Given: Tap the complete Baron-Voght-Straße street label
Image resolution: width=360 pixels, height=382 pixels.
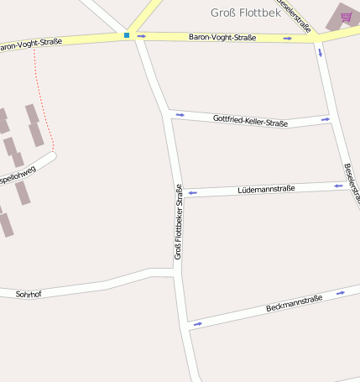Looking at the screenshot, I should (x=222, y=38).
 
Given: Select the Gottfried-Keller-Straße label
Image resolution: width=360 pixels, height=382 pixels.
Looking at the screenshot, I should (x=250, y=121).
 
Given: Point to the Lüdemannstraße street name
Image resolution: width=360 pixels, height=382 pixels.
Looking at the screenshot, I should (x=266, y=189).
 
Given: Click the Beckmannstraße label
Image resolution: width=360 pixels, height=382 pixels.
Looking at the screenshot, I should (x=294, y=303).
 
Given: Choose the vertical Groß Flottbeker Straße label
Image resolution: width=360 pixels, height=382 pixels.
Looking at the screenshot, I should (x=178, y=222).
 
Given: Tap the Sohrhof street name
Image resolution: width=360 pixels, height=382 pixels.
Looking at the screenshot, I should (x=29, y=295).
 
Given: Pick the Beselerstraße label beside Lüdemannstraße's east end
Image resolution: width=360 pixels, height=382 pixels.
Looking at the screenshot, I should (x=352, y=183).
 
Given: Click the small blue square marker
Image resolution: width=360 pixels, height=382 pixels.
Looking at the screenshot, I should (x=127, y=35).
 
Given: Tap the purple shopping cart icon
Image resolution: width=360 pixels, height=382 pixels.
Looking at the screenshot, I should (x=346, y=17).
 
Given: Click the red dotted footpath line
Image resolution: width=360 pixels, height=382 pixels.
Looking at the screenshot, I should (x=42, y=101).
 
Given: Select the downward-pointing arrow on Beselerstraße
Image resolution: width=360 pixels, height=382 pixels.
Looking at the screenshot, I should (x=320, y=52).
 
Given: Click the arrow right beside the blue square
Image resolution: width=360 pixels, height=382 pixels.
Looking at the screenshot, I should (x=141, y=36).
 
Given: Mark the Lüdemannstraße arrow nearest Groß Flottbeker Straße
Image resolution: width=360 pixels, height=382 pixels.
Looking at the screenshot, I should (x=192, y=193).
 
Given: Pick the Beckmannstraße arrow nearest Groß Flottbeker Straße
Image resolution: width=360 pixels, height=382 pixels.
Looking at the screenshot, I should (x=198, y=323).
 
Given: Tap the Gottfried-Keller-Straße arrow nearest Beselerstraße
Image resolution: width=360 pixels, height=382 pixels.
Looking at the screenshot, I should (x=325, y=121).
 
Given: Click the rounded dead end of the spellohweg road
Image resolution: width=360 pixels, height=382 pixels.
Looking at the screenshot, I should (x=52, y=155).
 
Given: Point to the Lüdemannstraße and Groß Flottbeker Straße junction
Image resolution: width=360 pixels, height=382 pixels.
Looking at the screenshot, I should (x=180, y=194).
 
